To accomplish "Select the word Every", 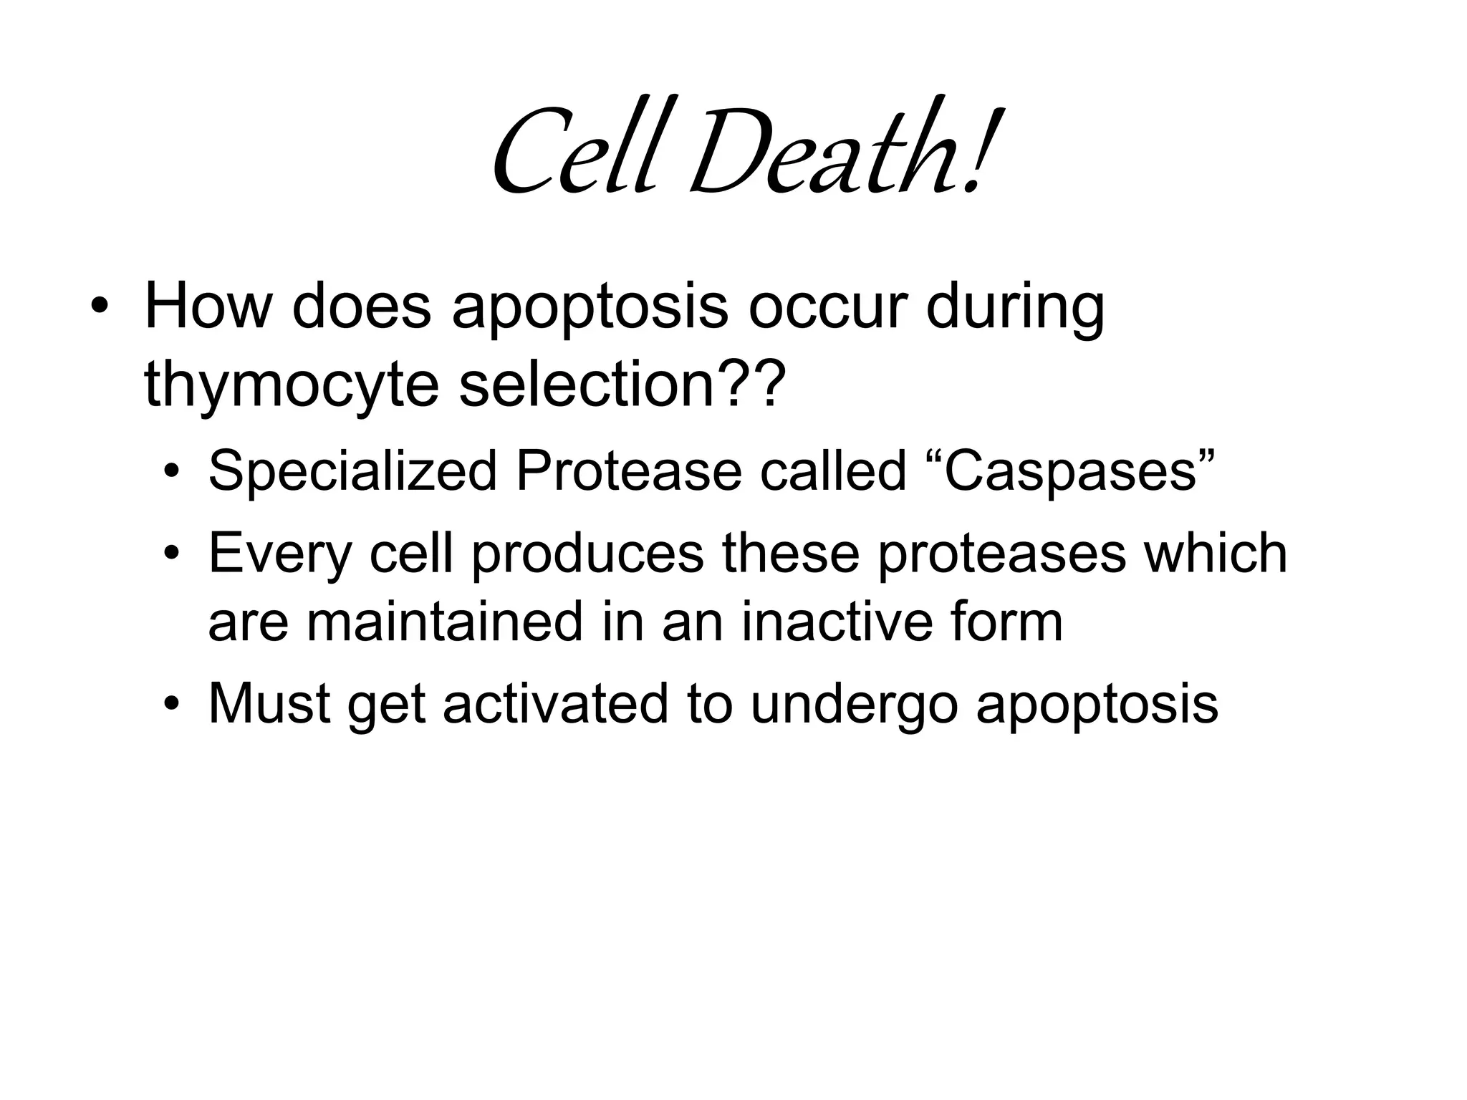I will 280,555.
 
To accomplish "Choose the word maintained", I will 444,622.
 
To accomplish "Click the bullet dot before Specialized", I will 170,473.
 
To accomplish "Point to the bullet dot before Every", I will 170,554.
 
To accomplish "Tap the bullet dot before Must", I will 170,705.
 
